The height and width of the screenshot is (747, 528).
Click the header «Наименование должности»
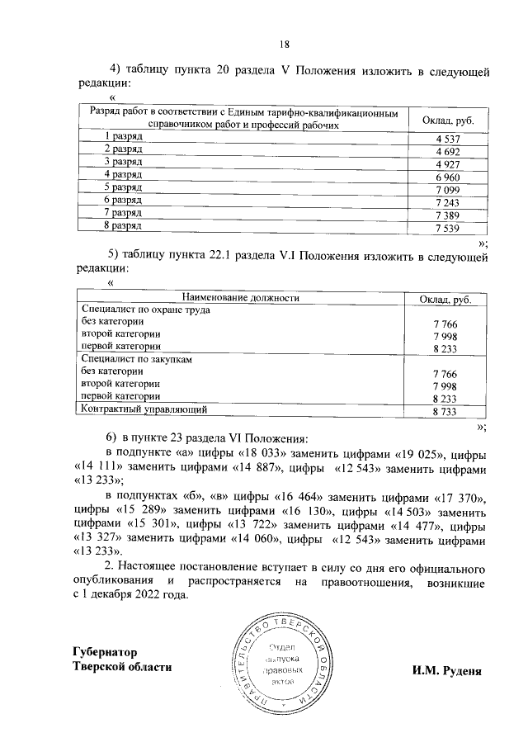(x=240, y=298)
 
